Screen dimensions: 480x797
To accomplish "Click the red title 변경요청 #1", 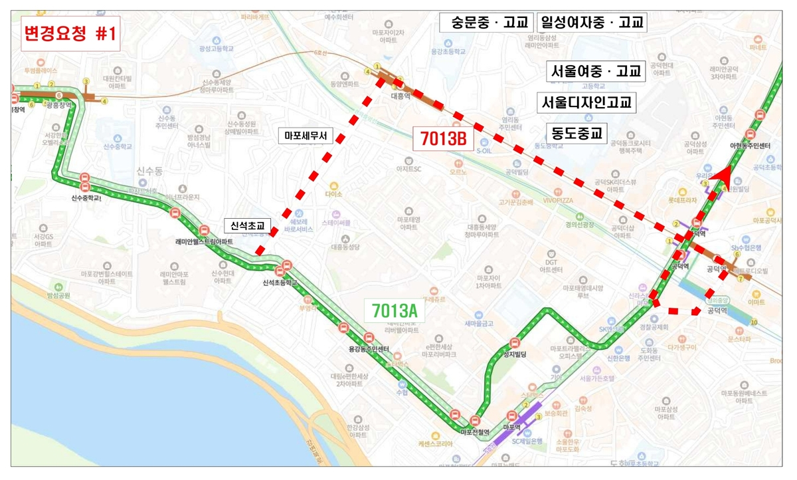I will point(69,34).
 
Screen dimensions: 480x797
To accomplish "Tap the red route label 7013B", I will point(441,139).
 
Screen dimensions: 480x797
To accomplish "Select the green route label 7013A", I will point(395,310).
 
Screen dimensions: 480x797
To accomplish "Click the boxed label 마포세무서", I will point(306,136).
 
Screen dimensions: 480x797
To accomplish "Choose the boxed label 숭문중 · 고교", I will point(487,23).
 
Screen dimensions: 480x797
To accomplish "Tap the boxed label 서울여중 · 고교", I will point(596,72).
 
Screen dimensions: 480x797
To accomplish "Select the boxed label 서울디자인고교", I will point(584,103).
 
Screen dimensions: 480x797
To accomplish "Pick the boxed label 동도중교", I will point(576,133).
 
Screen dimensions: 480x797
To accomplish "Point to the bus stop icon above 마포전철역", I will point(475,421).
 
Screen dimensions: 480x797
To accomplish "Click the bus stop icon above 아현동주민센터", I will point(759,115).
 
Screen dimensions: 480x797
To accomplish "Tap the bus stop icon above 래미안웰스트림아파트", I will point(175,213).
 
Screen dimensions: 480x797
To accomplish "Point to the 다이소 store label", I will point(333,194).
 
